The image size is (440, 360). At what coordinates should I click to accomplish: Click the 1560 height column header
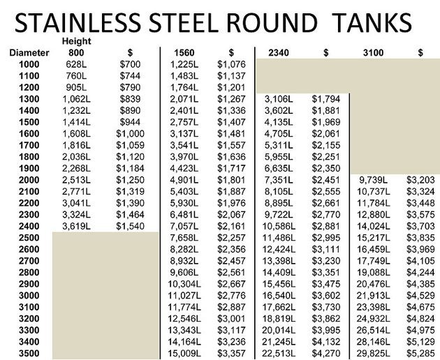(184, 52)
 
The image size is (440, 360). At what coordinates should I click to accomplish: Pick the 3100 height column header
(373, 52)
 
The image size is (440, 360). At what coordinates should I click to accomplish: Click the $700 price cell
(131, 63)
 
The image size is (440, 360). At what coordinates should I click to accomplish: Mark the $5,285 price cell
(420, 353)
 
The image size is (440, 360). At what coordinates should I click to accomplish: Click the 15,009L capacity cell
(184, 353)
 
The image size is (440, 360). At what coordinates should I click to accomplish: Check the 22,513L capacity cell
(279, 353)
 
